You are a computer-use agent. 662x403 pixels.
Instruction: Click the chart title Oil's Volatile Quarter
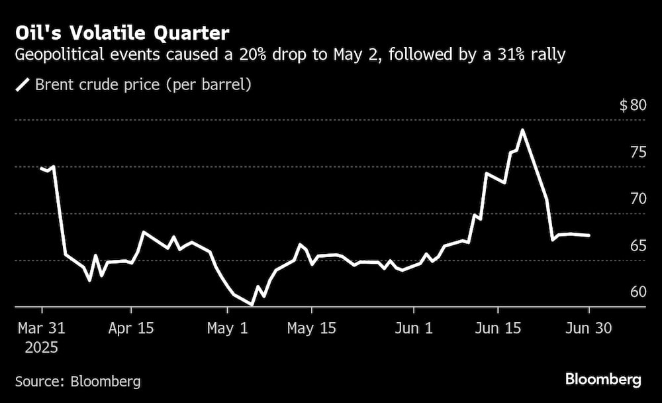click(122, 32)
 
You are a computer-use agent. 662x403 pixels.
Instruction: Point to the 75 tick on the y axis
click(638, 152)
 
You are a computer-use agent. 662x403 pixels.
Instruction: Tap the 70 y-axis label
click(638, 199)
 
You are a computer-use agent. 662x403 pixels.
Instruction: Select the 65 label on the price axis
click(638, 246)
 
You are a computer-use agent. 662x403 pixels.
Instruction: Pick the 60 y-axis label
click(638, 292)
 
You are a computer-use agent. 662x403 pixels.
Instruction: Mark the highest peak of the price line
click(523, 130)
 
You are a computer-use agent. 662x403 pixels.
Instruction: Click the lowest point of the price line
click(252, 305)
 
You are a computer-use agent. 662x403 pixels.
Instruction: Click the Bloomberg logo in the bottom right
click(603, 380)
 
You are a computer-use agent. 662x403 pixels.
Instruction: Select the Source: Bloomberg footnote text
click(77, 381)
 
